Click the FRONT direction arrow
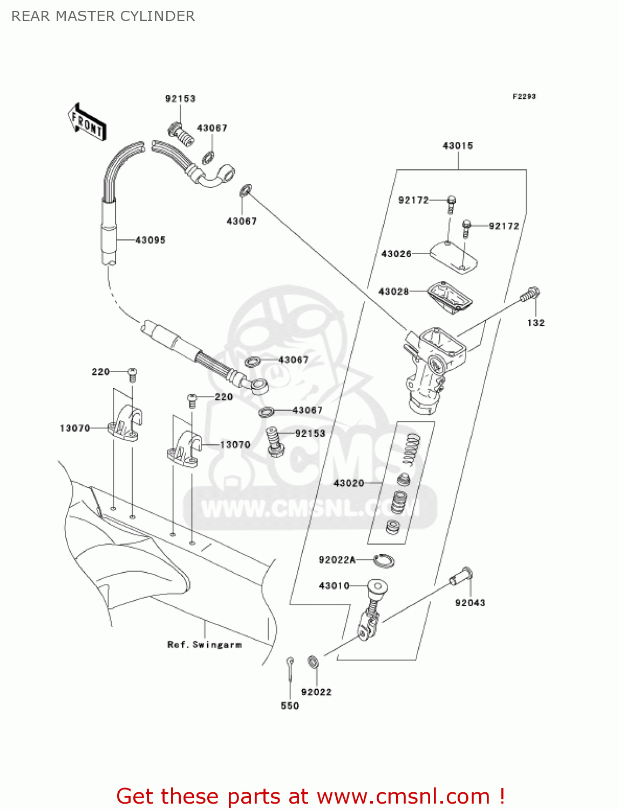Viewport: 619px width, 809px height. point(87,122)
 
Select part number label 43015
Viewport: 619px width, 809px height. point(458,146)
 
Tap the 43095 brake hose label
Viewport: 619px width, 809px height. point(150,240)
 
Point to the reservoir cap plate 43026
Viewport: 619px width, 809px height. point(453,256)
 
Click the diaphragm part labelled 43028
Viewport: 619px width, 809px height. point(450,297)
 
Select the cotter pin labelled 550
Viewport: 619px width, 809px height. point(290,668)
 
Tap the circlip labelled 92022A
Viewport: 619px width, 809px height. point(384,560)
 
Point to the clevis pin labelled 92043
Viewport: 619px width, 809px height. point(461,577)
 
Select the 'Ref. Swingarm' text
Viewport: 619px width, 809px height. point(205,645)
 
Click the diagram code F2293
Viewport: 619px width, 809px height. point(524,97)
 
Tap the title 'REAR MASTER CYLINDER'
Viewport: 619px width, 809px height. point(103,16)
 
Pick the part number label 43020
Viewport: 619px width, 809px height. point(349,483)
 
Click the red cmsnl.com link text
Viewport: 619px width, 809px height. point(310,796)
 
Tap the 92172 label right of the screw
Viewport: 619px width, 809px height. point(504,226)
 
